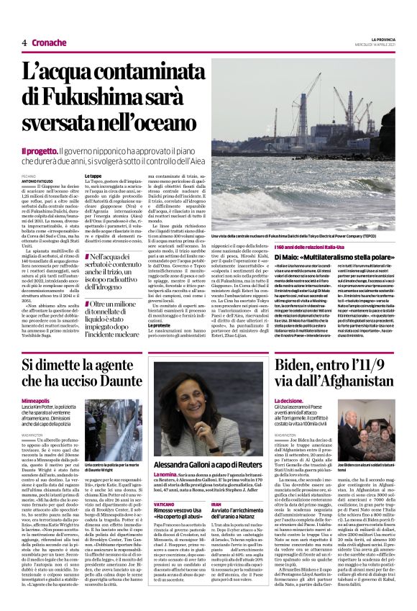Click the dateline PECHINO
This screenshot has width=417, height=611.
pos(28,175)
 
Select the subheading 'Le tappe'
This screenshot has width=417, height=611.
pos(93,176)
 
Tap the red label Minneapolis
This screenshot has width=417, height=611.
pos(37,399)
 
